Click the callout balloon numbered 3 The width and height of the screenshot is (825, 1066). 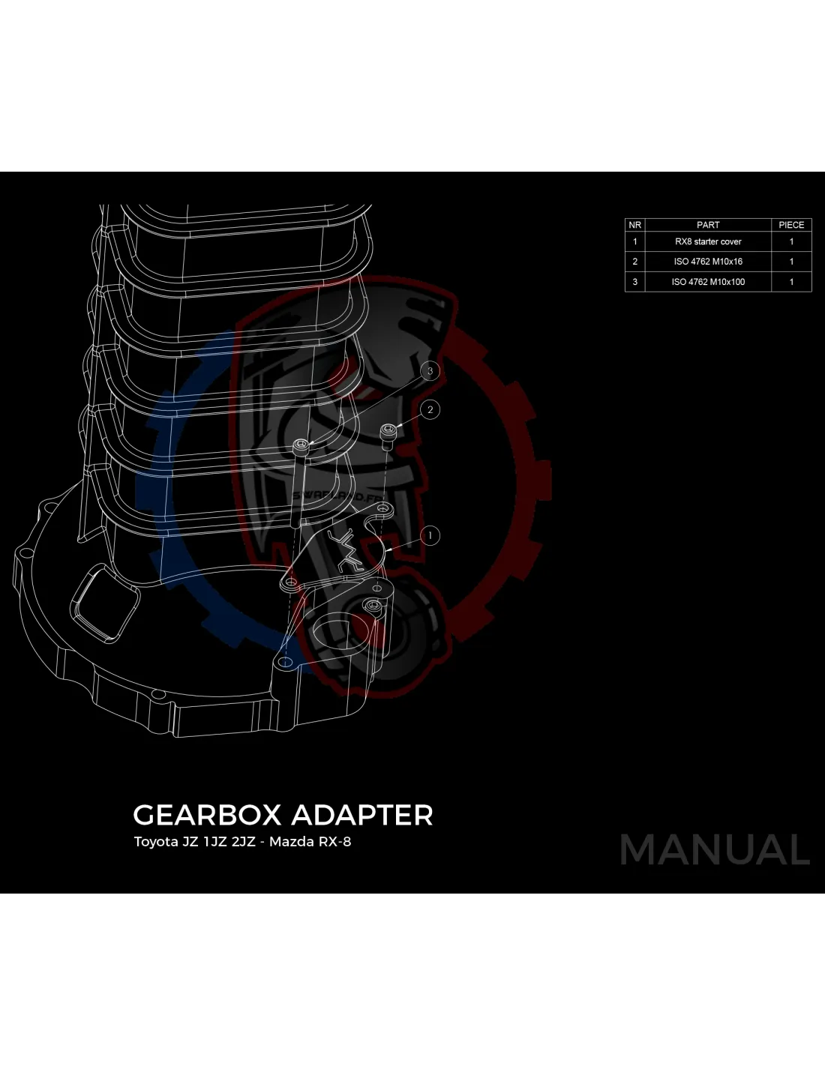tap(430, 371)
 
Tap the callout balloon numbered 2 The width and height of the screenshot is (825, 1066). tap(430, 409)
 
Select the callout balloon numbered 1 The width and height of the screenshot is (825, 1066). tap(430, 535)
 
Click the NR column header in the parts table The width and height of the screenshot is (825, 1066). tap(634, 225)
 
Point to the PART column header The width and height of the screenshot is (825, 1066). tap(708, 225)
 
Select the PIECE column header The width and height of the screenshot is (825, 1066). tap(791, 225)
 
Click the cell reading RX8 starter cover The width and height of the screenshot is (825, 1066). tap(708, 241)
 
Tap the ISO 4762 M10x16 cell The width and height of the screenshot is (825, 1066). tap(708, 262)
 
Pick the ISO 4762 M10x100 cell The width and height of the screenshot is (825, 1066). tap(708, 282)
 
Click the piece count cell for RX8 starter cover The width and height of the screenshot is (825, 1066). tap(791, 241)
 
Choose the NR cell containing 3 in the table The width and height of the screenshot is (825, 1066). tap(634, 282)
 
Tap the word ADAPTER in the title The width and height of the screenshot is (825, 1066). tap(362, 815)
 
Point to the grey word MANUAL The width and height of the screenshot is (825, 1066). tap(715, 849)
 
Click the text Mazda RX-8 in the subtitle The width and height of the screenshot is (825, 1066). tap(310, 842)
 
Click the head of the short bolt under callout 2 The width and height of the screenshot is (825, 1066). tap(388, 432)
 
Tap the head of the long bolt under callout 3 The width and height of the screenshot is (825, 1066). tap(301, 446)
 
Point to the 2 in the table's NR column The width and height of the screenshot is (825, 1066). tap(634, 262)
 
